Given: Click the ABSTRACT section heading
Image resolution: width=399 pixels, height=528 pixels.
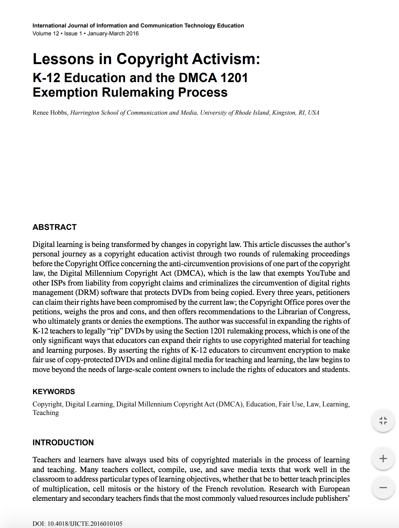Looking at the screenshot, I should point(54,227).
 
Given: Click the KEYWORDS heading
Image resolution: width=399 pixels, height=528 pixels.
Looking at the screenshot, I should point(54,392).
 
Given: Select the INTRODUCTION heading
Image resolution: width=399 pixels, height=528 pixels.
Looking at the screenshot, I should point(63,442).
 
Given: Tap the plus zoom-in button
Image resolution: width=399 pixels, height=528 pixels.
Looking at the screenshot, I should point(383,459).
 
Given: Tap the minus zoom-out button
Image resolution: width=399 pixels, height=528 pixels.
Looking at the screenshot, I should point(383,488).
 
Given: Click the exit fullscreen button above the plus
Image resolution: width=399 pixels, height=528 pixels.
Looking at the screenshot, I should point(383,421).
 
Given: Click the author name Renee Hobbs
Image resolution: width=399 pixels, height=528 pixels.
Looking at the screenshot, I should point(50,113).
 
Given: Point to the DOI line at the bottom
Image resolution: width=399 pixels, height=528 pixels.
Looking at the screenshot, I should point(77,524).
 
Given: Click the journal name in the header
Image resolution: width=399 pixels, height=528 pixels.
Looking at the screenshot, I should point(138,26).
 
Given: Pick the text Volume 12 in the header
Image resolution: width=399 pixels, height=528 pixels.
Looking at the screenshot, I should point(45,33).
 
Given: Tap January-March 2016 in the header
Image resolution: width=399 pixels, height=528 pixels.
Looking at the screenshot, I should point(113,33).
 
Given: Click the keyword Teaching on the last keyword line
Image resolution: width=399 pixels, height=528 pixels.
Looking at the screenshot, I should point(45,413).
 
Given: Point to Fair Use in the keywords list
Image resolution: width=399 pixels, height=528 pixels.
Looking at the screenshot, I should point(290,404).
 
